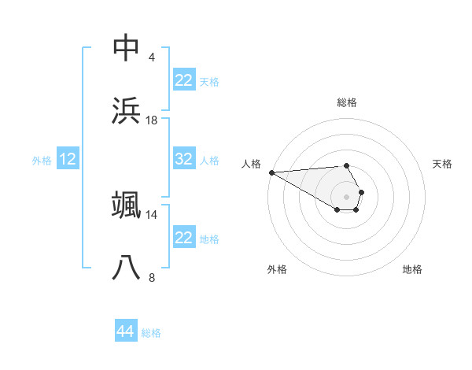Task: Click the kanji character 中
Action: (x=127, y=48)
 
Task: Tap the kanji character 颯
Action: (x=127, y=205)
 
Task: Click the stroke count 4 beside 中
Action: (x=152, y=57)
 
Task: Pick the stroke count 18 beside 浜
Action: (x=152, y=120)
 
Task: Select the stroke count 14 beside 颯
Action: (x=152, y=214)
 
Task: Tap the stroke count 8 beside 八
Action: (x=152, y=277)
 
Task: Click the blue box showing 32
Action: (x=184, y=159)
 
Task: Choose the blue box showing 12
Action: (x=68, y=159)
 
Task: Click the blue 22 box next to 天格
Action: (x=184, y=80)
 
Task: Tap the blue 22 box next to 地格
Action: (x=184, y=238)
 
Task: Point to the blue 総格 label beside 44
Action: (x=151, y=333)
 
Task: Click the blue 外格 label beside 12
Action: (x=42, y=160)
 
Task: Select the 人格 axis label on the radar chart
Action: (x=250, y=164)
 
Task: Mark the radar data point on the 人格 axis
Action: (x=271, y=172)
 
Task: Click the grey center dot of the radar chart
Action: (x=346, y=196)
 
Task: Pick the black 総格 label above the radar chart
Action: (x=346, y=102)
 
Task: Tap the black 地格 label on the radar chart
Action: (x=412, y=269)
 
